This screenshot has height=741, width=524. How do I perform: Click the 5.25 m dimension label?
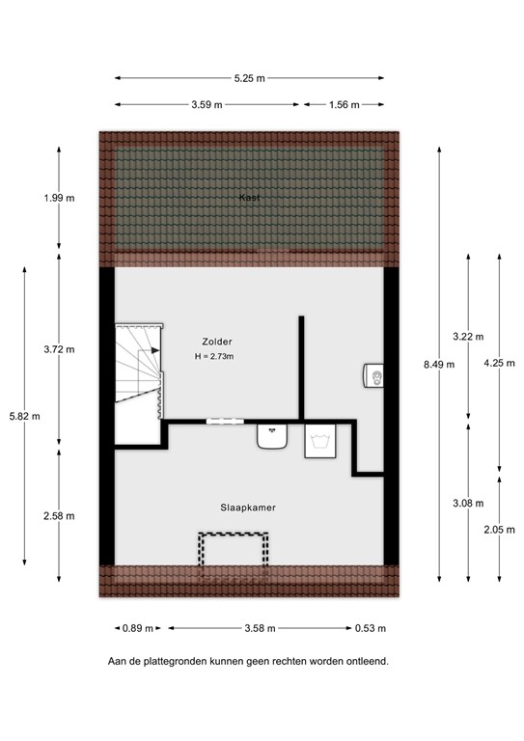point(249,78)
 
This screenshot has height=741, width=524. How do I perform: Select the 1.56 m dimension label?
point(344,104)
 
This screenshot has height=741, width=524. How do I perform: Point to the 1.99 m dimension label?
point(59,198)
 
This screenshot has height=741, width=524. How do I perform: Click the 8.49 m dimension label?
point(439,364)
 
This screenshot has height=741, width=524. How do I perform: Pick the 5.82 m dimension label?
point(24,416)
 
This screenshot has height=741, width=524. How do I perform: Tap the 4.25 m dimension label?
point(498,364)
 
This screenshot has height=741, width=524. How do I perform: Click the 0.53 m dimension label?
point(370,628)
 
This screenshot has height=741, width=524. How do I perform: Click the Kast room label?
point(250,197)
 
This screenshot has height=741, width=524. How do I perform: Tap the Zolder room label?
point(217,342)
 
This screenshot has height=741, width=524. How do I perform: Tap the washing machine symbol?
point(319,442)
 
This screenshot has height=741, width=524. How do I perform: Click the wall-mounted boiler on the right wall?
point(375,376)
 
